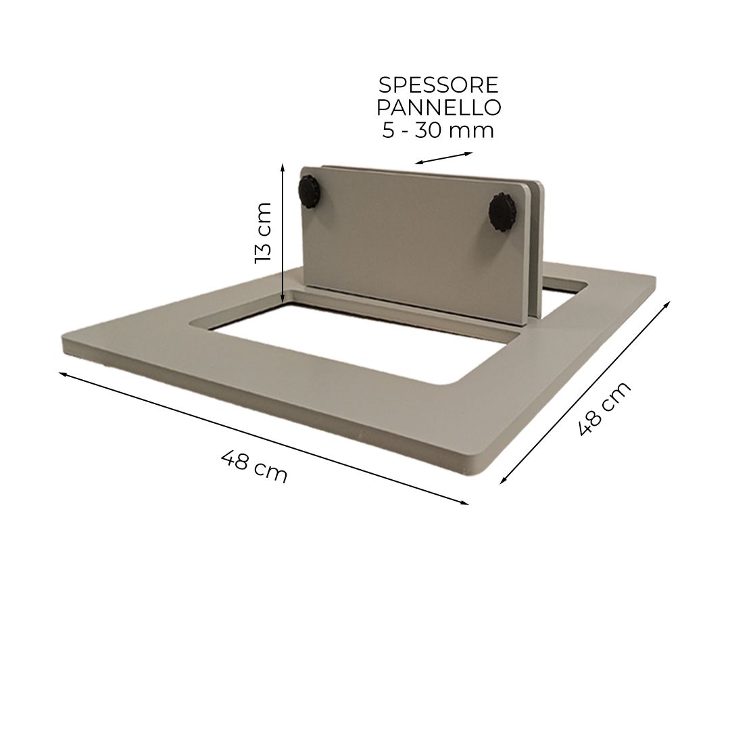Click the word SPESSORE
(438, 85)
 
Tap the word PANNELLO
(439, 107)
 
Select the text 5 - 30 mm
(438, 130)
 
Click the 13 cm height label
(263, 233)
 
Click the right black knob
(500, 211)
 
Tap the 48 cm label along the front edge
(254, 466)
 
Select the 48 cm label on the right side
(604, 408)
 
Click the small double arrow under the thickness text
(443, 158)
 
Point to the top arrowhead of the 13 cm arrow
(283, 165)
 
